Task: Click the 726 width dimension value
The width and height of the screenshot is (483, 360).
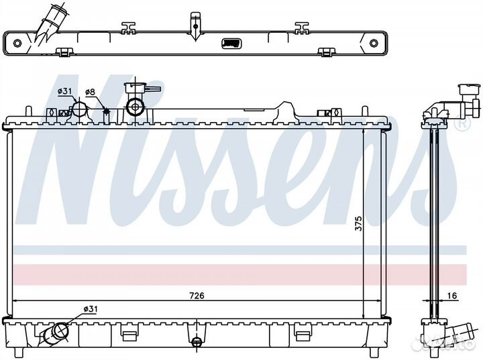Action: pyautogui.click(x=197, y=296)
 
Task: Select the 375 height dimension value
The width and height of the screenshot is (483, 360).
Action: pyautogui.click(x=358, y=223)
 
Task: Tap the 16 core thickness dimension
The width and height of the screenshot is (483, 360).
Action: pyautogui.click(x=451, y=296)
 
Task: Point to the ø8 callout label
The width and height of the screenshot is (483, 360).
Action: pyautogui.click(x=91, y=91)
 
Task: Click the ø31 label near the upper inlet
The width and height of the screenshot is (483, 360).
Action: pyautogui.click(x=64, y=91)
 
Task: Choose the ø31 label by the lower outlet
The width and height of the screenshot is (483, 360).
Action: pyautogui.click(x=91, y=308)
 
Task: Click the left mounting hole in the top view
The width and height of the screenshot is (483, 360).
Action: pyautogui.click(x=17, y=43)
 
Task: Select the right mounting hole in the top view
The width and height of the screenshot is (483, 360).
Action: pyautogui.click(x=374, y=43)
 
